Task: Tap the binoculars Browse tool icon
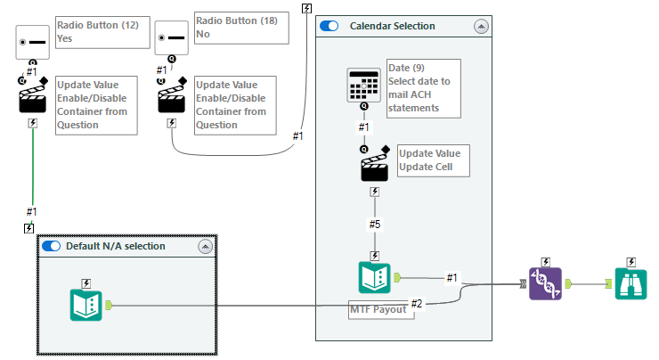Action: [631, 282]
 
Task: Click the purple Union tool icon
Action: [546, 282]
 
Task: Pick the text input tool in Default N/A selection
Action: [86, 304]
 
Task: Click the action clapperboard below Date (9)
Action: [375, 167]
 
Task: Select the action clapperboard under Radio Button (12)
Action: [33, 98]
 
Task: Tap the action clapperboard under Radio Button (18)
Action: [172, 98]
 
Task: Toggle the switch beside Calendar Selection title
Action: [329, 27]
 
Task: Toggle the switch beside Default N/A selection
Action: [52, 246]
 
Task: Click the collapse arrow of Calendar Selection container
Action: [483, 27]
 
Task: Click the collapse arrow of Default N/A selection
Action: [204, 246]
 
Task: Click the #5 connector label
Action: [375, 225]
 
